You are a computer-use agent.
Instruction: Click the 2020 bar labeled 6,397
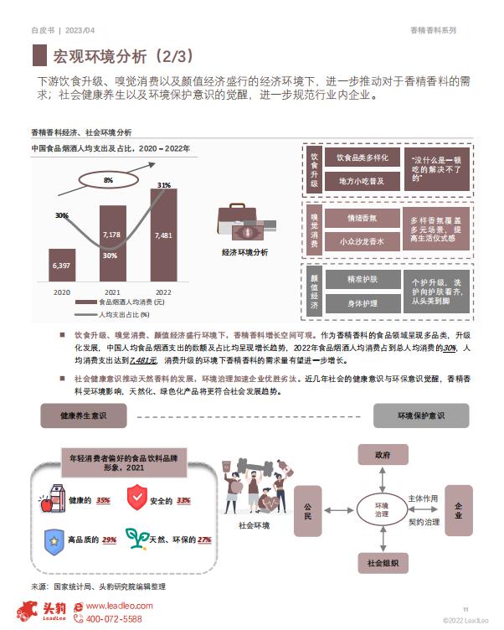(62, 266)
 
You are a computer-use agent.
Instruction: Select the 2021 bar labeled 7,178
(113, 244)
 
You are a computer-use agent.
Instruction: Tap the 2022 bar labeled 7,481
(163, 235)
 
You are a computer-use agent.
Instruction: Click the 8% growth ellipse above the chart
(109, 180)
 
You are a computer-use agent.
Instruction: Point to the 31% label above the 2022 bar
(164, 185)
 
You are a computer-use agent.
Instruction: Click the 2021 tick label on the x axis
(112, 292)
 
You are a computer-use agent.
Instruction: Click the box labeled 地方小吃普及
(363, 181)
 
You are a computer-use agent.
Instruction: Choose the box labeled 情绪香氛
(363, 218)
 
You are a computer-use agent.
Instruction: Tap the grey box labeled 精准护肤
(363, 279)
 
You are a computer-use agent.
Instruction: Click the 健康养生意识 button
(84, 416)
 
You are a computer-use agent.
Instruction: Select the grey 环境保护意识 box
(421, 416)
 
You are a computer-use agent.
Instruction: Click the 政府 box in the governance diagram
(383, 455)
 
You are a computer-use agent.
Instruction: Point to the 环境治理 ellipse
(382, 509)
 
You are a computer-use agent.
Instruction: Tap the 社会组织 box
(383, 563)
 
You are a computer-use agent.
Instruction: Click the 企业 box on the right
(459, 510)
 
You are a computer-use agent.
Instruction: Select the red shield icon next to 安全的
(137, 497)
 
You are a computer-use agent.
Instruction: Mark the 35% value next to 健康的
(103, 500)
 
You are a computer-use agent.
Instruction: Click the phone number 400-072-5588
(114, 619)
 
